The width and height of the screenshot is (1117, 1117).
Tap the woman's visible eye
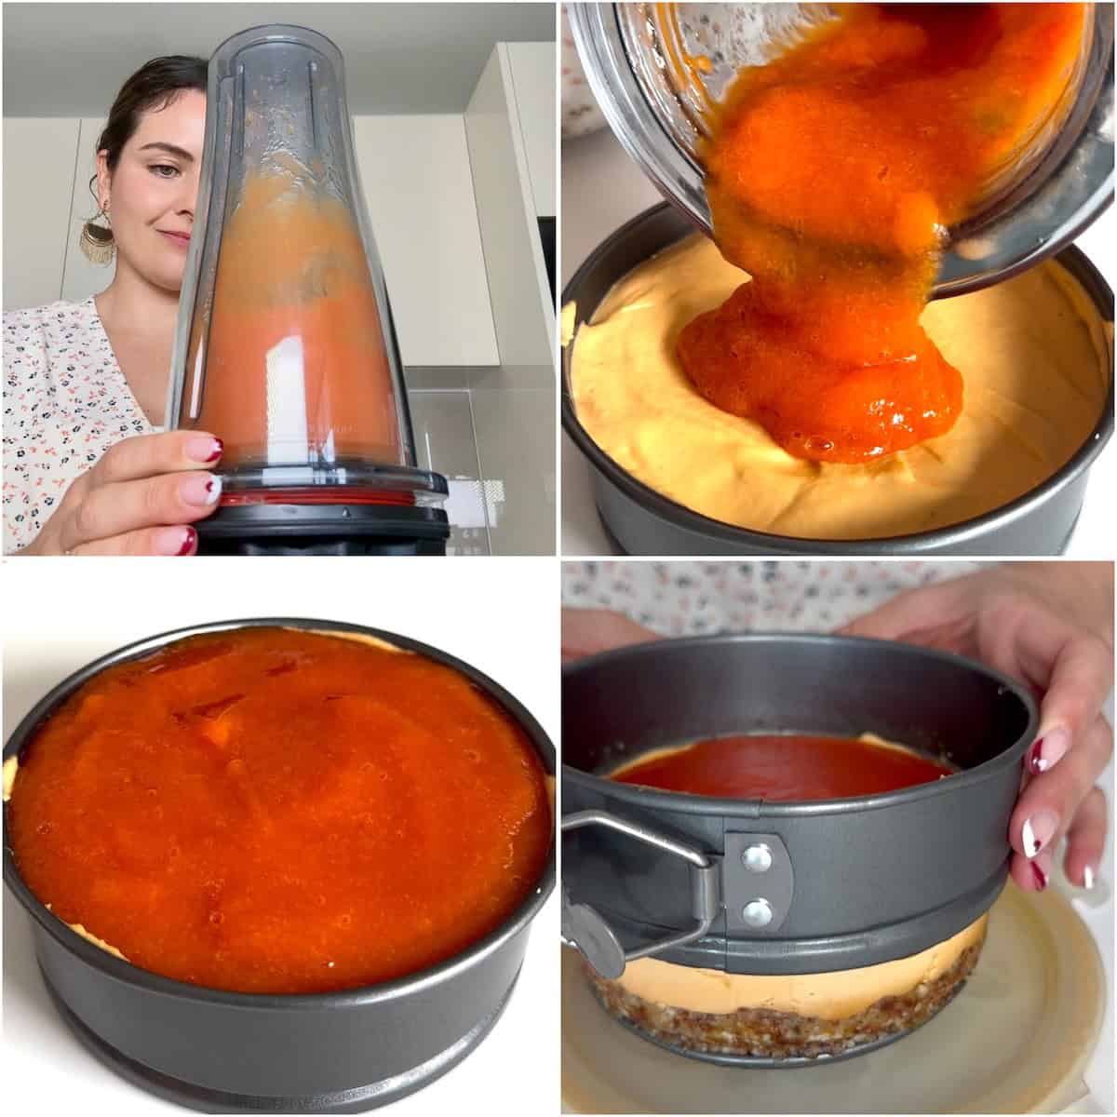164,170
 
